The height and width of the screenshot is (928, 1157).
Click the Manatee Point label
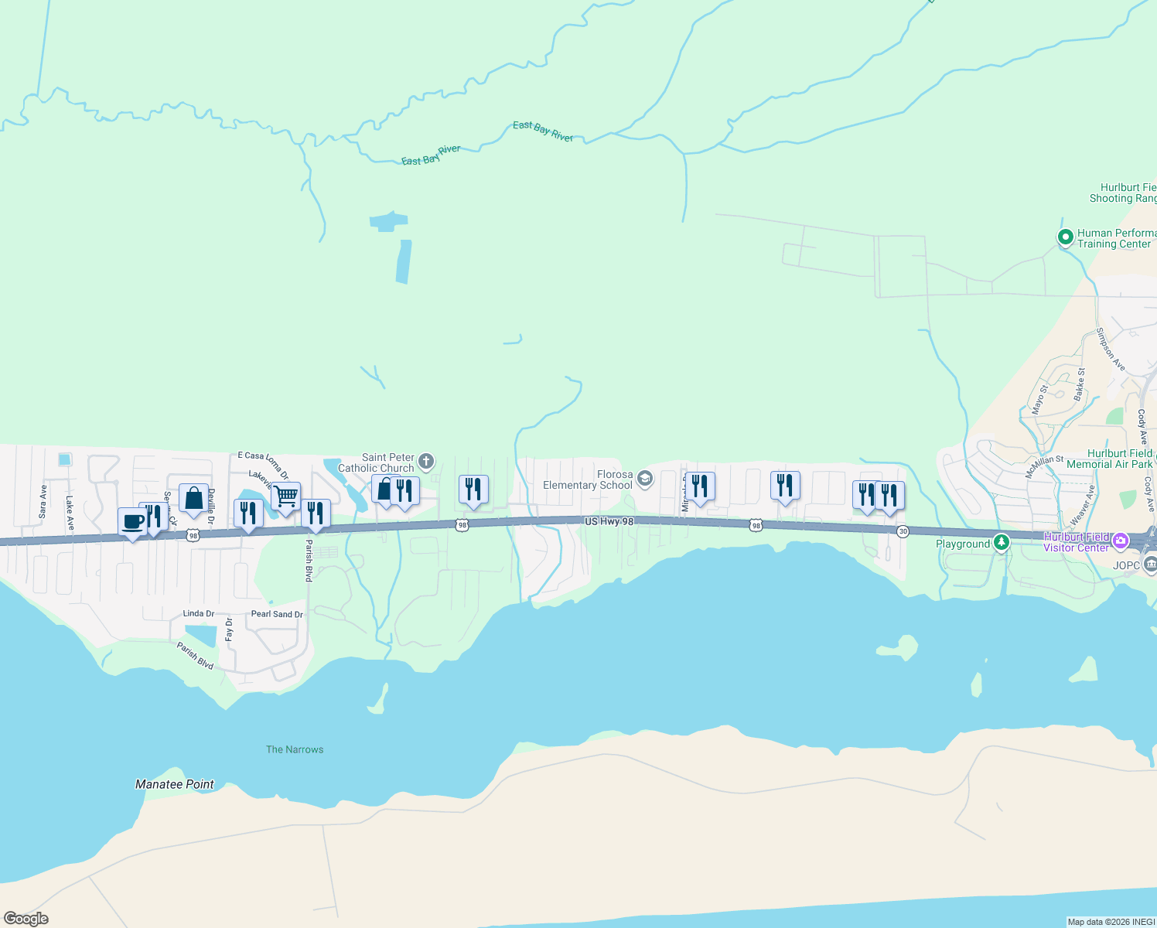click(174, 784)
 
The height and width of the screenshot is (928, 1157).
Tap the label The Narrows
click(295, 749)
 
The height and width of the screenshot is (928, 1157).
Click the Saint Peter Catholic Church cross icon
click(426, 462)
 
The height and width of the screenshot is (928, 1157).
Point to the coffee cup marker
click(132, 522)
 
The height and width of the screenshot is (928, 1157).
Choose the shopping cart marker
click(285, 496)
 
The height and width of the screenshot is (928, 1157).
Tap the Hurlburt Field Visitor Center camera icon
click(1120, 540)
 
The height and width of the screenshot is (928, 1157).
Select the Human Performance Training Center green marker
click(1065, 237)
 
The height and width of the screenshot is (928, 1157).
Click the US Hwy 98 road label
click(609, 522)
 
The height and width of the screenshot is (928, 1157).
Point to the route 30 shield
click(903, 531)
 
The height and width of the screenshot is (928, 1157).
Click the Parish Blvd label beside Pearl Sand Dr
click(309, 562)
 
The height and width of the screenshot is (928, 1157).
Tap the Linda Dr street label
click(199, 613)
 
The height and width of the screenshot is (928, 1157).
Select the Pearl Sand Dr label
click(277, 614)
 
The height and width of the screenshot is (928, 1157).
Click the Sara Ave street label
click(43, 501)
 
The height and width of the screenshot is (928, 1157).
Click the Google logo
click(26, 919)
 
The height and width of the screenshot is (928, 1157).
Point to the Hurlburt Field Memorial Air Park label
click(1109, 459)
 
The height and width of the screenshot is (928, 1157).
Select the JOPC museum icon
click(1150, 565)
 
